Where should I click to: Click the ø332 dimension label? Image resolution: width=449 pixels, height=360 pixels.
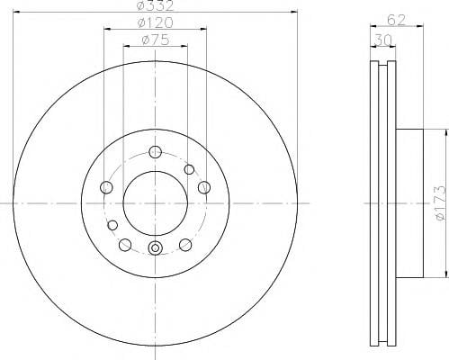(155, 5)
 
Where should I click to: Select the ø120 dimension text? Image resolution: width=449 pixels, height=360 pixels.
(155, 22)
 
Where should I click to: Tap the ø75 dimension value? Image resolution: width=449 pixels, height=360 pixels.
(155, 40)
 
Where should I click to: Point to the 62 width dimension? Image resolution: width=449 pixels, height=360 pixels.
(396, 20)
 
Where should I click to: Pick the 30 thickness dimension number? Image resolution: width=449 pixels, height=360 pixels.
(383, 40)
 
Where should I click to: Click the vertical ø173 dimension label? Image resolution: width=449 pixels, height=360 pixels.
(442, 203)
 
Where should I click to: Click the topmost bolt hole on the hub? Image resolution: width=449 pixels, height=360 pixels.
(155, 152)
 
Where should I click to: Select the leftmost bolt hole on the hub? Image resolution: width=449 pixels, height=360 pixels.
(106, 187)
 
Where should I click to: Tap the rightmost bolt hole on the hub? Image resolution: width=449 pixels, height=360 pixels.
(204, 187)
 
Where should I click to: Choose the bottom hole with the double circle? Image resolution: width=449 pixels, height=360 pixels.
(155, 247)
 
